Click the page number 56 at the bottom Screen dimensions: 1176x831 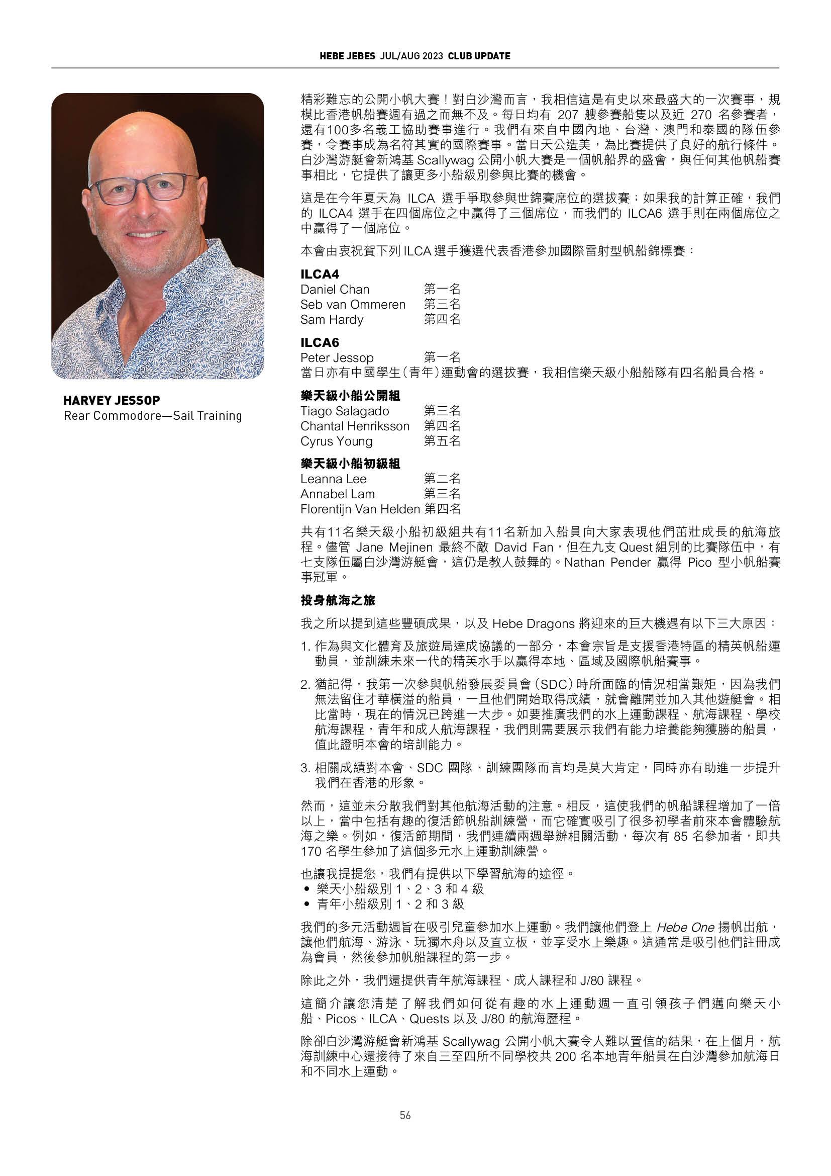click(405, 1115)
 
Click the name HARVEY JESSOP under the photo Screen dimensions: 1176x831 click(112, 400)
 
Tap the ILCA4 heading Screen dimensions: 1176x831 click(320, 274)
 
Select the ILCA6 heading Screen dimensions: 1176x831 click(320, 343)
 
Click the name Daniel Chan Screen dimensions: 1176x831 click(335, 290)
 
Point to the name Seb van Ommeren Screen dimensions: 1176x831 click(353, 304)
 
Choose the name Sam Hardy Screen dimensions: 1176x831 click(332, 320)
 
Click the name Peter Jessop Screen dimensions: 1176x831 click(337, 357)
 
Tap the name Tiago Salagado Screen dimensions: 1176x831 click(344, 411)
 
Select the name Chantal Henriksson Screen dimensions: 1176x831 click(355, 426)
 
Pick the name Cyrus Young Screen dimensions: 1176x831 click(336, 441)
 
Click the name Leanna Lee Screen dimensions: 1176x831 click(333, 479)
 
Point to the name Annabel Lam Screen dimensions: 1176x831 click(337, 494)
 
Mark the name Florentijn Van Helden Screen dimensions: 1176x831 click(360, 509)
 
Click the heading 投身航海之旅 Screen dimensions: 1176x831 click(338, 599)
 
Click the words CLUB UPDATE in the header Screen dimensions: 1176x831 click(479, 56)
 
